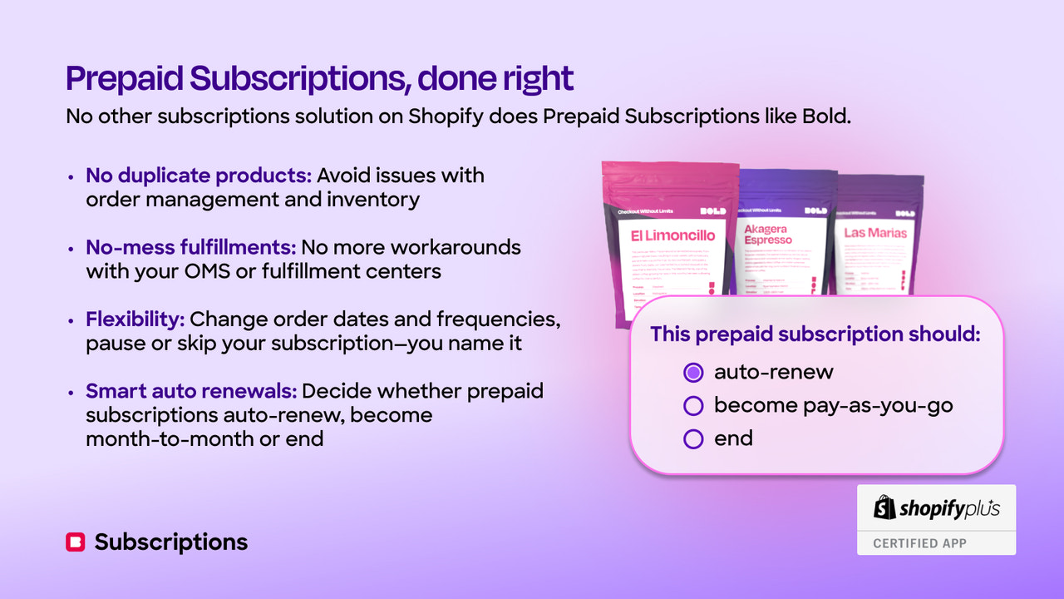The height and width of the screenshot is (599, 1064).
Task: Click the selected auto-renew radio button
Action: point(693,372)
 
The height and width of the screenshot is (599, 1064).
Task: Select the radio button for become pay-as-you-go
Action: point(693,406)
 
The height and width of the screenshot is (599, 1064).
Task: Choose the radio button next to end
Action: point(693,439)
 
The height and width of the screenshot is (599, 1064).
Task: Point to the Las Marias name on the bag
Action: point(875,233)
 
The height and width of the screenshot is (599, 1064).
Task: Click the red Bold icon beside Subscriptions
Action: point(75,542)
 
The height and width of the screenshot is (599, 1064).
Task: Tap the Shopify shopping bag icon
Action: point(884,507)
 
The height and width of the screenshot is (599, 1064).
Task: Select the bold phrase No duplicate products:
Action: point(199,176)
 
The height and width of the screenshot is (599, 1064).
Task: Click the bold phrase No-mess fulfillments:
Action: point(190,248)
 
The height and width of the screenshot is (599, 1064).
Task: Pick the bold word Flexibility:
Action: point(136,319)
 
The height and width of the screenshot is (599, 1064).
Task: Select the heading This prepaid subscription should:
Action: point(815,334)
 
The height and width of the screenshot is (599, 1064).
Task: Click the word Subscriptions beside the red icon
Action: point(171,542)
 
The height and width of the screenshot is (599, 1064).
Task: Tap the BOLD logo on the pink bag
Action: point(712,211)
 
